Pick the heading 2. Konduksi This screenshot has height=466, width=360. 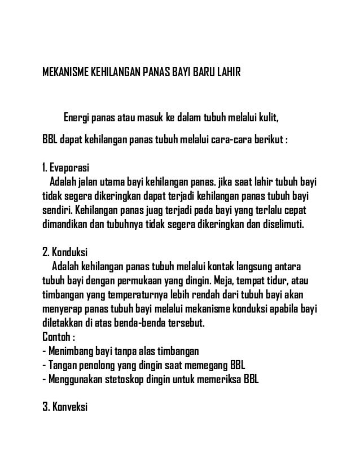[x=65, y=252]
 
